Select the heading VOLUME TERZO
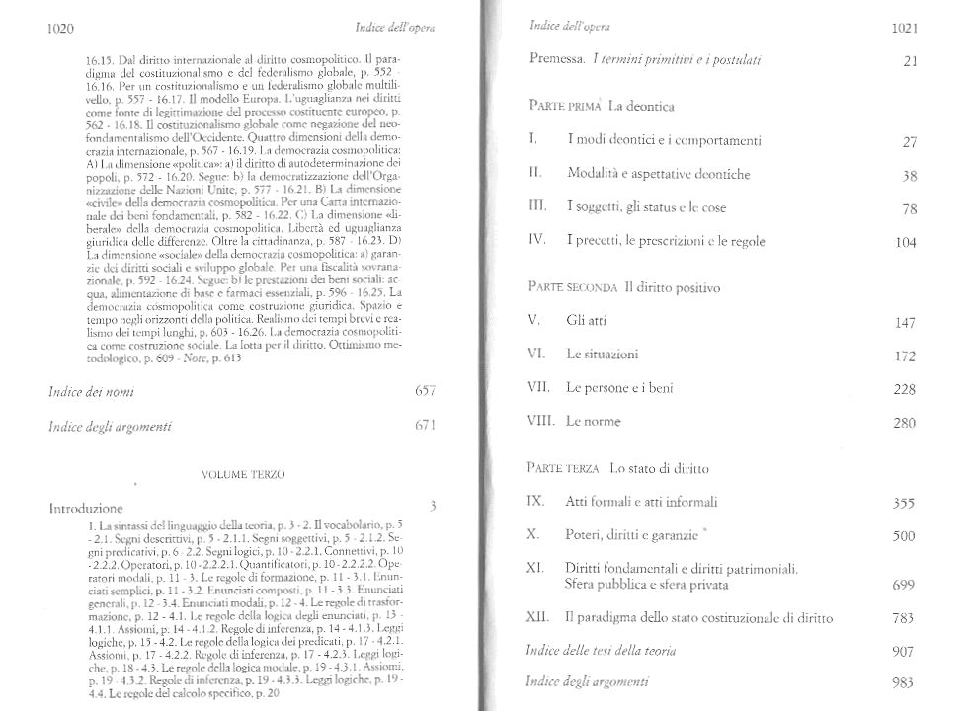tap(243, 475)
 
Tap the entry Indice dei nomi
tap(92, 392)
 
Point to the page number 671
tap(422, 427)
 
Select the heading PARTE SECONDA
tap(573, 288)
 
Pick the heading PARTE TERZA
tap(566, 468)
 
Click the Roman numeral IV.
tap(538, 241)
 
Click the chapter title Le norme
tap(593, 422)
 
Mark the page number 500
tap(904, 536)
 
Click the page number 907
tap(904, 653)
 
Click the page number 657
tap(422, 392)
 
